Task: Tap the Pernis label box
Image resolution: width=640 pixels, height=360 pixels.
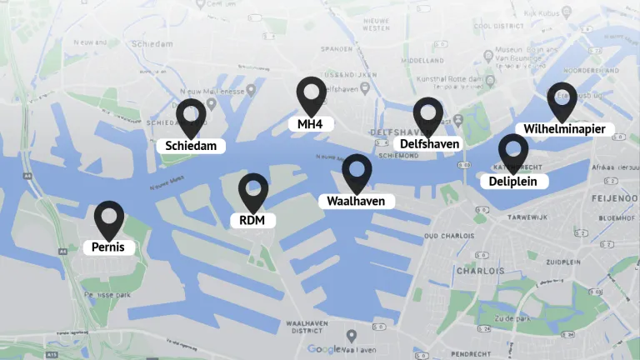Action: pyautogui.click(x=108, y=247)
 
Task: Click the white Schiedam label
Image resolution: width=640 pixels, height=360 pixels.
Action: pyautogui.click(x=191, y=146)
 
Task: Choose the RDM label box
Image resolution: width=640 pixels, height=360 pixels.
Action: pyautogui.click(x=252, y=220)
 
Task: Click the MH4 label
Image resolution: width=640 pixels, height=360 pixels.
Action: pyautogui.click(x=310, y=124)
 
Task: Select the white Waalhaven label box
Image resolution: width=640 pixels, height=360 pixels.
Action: pyautogui.click(x=356, y=201)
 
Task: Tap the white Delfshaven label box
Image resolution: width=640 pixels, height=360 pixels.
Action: pyautogui.click(x=428, y=144)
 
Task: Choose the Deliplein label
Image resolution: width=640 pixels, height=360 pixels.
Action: pyautogui.click(x=513, y=181)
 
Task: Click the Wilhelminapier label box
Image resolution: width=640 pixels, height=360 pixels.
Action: pyautogui.click(x=565, y=129)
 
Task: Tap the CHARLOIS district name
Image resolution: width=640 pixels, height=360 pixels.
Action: pyautogui.click(x=480, y=271)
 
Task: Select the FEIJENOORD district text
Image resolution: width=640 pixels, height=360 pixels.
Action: pyautogui.click(x=613, y=200)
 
